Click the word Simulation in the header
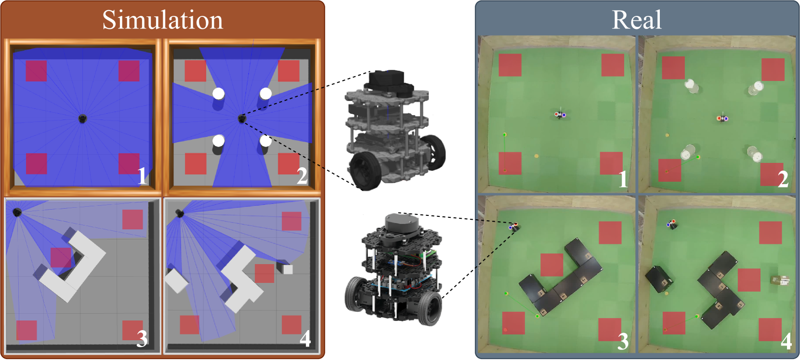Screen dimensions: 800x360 pyautogui.click(x=162, y=20)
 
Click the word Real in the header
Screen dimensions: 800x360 pyautogui.click(x=636, y=20)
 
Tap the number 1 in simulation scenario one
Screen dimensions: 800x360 pyautogui.click(x=142, y=176)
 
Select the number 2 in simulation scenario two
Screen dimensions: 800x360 pyautogui.click(x=302, y=176)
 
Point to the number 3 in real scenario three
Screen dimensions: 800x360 pyautogui.click(x=623, y=341)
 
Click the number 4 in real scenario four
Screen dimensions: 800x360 pyautogui.click(x=787, y=341)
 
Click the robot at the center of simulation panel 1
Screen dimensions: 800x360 pyautogui.click(x=82, y=119)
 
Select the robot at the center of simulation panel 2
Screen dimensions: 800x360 pyautogui.click(x=242, y=119)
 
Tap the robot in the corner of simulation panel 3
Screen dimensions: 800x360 pyautogui.click(x=17, y=213)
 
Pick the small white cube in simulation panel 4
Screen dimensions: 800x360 pyautogui.click(x=288, y=269)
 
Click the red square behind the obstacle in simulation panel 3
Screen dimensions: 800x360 pyautogui.click(x=61, y=257)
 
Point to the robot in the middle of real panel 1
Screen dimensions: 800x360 pyautogui.click(x=560, y=115)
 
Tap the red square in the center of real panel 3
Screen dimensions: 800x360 pyautogui.click(x=552, y=265)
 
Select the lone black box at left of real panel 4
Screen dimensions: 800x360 pyautogui.click(x=659, y=279)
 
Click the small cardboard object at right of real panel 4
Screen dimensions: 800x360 pyautogui.click(x=779, y=281)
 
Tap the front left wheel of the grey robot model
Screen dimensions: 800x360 pyautogui.click(x=365, y=171)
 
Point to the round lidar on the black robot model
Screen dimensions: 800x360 pyautogui.click(x=401, y=225)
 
